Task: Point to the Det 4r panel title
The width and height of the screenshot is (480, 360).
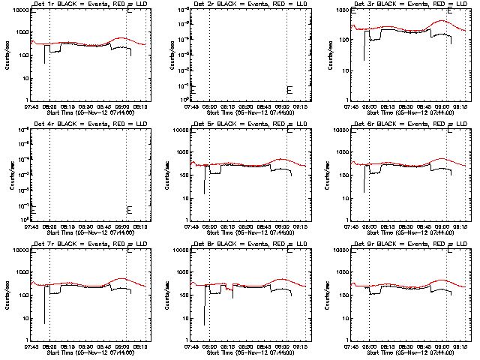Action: [x=85, y=124]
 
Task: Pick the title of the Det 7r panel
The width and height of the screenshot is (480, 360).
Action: [x=85, y=244]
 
